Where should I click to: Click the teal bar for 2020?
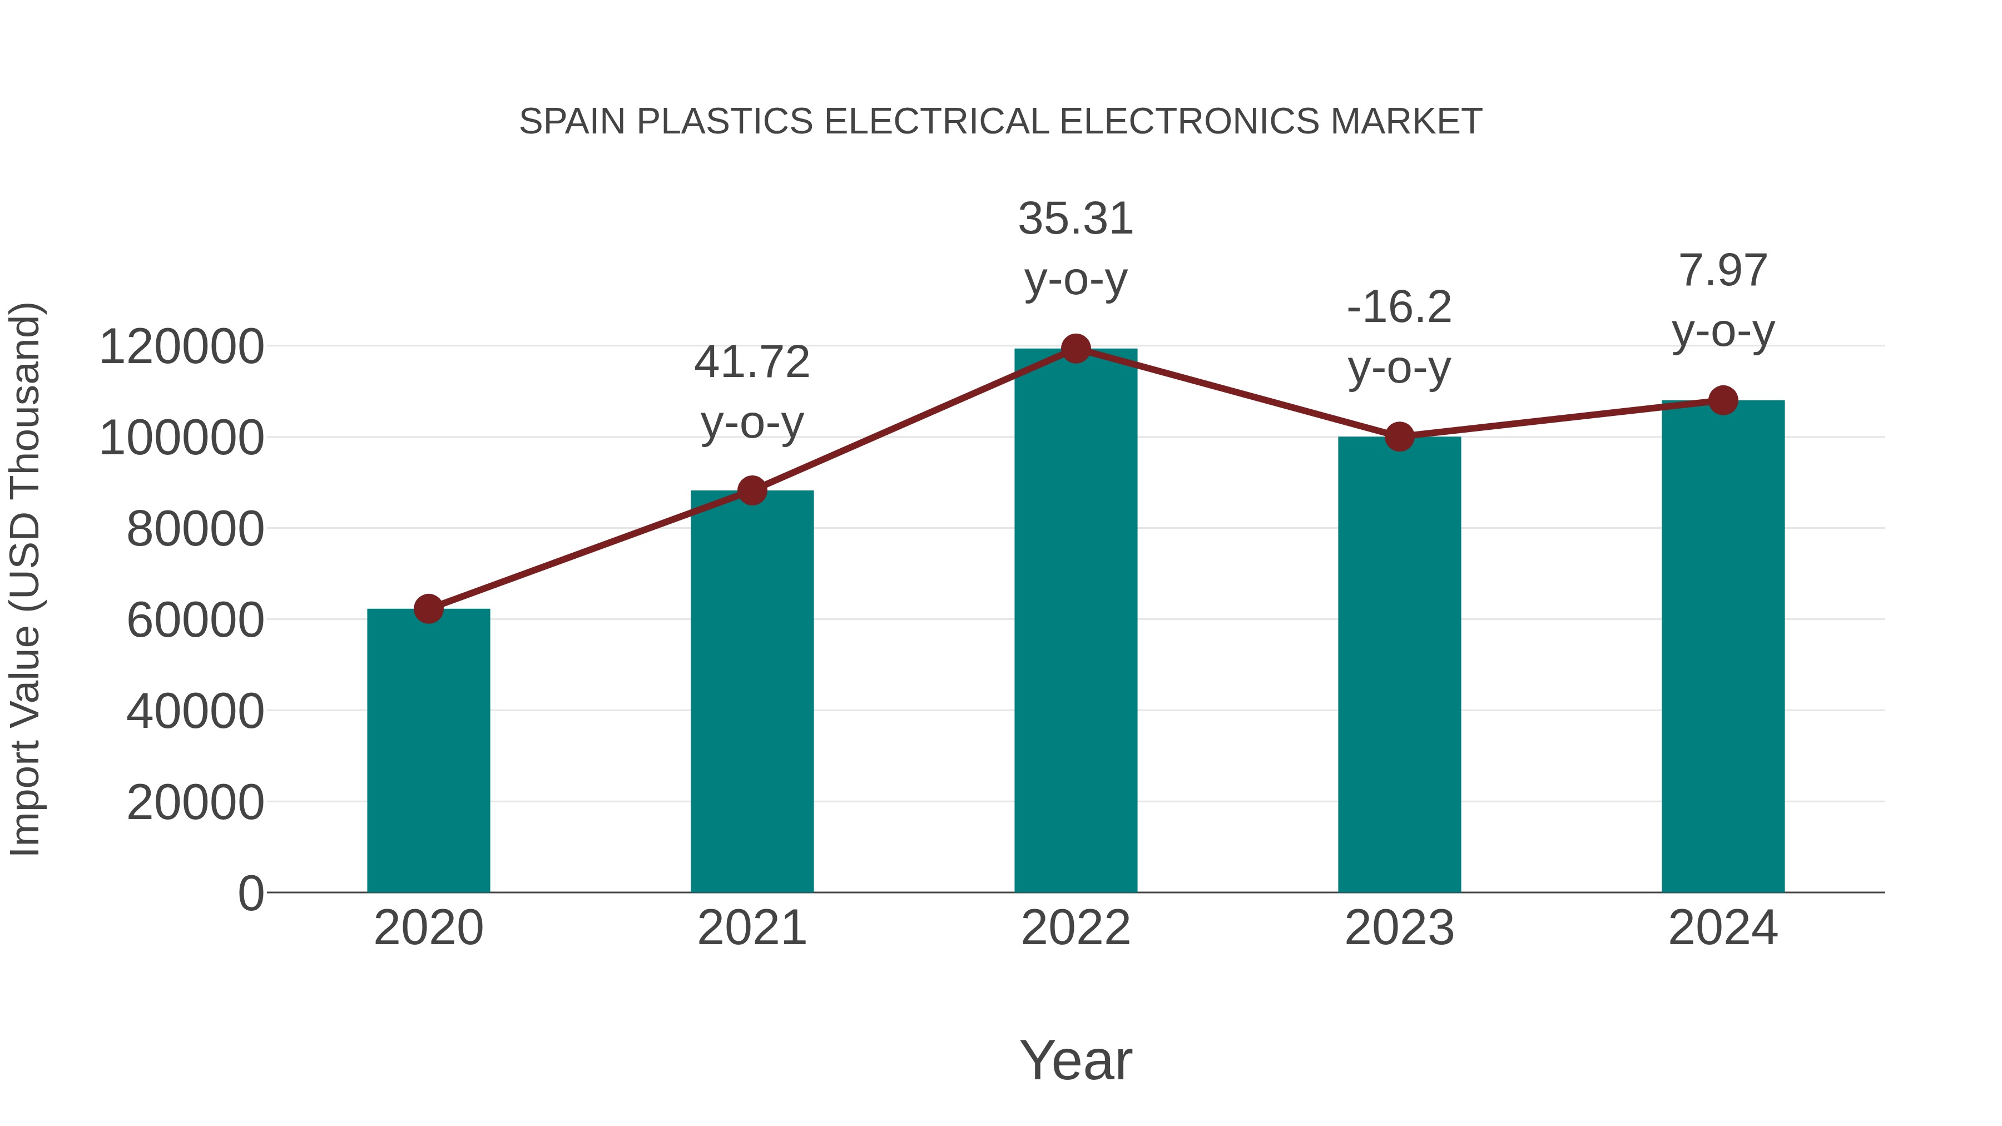coord(428,750)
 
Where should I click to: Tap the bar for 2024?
coord(1723,646)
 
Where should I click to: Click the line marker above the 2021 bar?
coord(751,490)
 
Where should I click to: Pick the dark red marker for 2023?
coord(1399,436)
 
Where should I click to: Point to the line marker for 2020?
coord(428,608)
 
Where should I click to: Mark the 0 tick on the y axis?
coord(251,893)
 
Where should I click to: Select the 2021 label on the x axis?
coord(751,928)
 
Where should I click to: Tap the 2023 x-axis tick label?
coord(1399,928)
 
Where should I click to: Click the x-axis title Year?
coord(1076,1060)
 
